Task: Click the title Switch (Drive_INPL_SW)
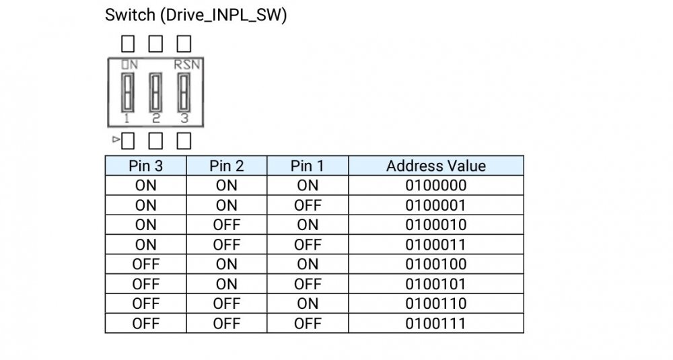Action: coord(196,15)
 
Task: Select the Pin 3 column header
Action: coord(145,166)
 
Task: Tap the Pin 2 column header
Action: coord(227,166)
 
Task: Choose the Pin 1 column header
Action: coord(308,166)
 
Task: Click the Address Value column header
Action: coord(436,166)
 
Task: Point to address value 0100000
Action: coord(436,185)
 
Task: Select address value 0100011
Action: coord(436,244)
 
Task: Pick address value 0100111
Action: coord(436,324)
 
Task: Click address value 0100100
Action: coord(436,264)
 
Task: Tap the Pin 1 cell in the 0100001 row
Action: coord(308,205)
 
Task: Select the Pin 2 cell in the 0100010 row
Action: coord(227,225)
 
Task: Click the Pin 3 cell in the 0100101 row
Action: coord(145,284)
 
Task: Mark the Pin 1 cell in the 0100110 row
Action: coord(308,303)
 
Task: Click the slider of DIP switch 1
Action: coord(127,93)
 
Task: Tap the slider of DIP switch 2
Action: coord(156,93)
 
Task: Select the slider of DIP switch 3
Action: coord(184,93)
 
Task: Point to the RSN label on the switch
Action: coord(186,65)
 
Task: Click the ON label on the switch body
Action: coord(129,65)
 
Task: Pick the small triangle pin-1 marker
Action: coord(116,139)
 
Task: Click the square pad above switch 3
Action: coord(184,43)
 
